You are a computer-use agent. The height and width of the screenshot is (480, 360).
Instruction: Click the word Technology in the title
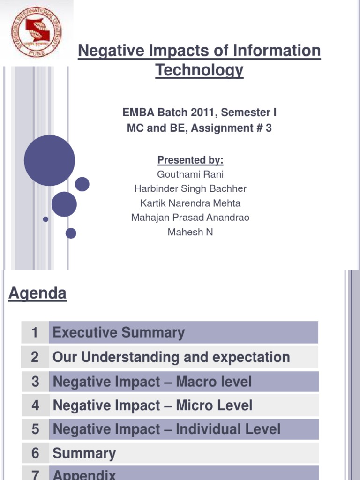(199, 70)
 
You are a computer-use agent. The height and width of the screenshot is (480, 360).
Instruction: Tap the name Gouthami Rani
(190, 174)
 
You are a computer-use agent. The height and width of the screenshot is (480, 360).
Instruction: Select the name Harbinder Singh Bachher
(190, 189)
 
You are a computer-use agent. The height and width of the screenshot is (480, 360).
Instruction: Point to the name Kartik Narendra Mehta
(190, 203)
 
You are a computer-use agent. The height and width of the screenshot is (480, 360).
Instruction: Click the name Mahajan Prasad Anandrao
(190, 217)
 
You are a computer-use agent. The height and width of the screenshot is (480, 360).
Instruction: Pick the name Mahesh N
(190, 232)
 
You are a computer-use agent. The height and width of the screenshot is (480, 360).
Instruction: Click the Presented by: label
(190, 160)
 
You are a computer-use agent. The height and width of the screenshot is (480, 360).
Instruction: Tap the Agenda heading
(37, 294)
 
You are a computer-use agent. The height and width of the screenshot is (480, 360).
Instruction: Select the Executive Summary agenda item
(119, 333)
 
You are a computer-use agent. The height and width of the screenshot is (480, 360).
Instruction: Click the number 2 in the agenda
(35, 357)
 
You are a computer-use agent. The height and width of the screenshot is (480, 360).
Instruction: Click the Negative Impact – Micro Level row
(152, 405)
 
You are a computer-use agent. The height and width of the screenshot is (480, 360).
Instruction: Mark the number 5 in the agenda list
(35, 429)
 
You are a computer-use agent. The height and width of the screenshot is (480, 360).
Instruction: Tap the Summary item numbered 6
(84, 453)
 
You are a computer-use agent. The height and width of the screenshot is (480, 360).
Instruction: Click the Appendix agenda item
(84, 474)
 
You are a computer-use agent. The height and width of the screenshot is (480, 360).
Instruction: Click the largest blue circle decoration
(49, 160)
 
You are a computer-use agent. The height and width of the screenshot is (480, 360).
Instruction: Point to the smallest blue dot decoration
(45, 219)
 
